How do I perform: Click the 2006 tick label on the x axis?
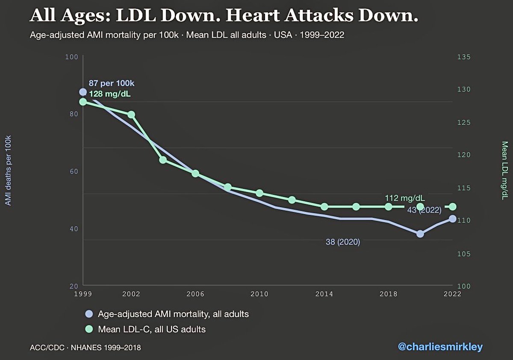point(195,294)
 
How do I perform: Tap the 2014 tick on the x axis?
point(324,294)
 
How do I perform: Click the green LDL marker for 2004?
point(163,160)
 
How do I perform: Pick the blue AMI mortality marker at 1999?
point(83,92)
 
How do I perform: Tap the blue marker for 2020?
point(420,233)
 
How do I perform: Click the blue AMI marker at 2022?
point(452,219)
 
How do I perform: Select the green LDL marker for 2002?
point(131,115)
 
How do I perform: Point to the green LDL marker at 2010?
point(259,193)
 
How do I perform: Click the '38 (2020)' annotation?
point(343,242)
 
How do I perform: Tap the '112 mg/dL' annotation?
point(405,198)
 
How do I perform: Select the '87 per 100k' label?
point(114,83)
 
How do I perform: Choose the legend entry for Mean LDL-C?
point(152,329)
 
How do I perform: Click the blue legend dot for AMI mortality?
point(89,314)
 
